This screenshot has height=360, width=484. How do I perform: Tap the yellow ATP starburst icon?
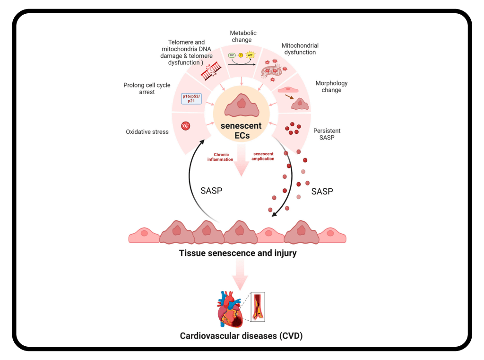coord(251,55)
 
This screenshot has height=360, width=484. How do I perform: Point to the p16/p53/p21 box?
coord(192,98)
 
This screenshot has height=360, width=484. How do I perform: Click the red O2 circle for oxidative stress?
coord(186,126)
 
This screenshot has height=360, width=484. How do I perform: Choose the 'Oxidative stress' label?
coord(147,132)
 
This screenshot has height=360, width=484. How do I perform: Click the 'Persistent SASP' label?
coord(327,134)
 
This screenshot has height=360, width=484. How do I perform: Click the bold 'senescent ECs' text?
coord(242,131)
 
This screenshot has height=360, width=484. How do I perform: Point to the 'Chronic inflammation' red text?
coord(220,157)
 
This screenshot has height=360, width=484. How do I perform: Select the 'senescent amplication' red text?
coord(263,156)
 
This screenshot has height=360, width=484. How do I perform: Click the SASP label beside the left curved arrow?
coord(212,191)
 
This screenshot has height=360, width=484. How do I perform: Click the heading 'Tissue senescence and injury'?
coord(238,253)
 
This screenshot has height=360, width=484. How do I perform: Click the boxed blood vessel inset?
coord(258,306)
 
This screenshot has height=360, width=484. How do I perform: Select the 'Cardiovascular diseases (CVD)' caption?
coord(241,336)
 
